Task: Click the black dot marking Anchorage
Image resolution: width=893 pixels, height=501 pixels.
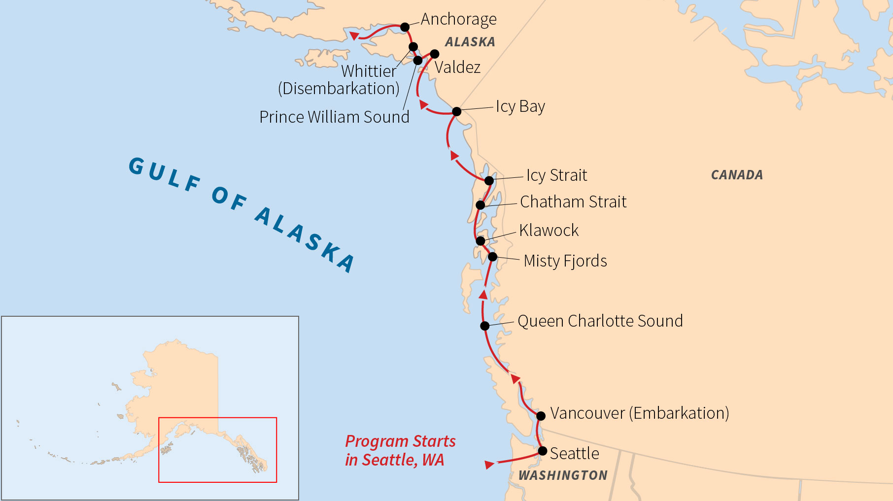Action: pos(405,27)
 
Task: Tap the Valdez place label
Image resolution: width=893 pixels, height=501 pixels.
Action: pos(457,67)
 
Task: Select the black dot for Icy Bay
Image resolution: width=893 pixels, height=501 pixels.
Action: pos(456,111)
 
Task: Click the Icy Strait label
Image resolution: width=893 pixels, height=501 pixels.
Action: pos(556,175)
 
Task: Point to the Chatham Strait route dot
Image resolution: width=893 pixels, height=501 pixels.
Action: pos(481,204)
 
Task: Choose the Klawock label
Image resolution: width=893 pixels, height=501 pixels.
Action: pos(549,230)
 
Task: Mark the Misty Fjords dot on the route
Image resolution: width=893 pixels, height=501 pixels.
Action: pos(492,256)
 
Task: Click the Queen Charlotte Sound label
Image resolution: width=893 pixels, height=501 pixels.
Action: pos(600,321)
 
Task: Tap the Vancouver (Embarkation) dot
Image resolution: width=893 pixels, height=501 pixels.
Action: pos(541,416)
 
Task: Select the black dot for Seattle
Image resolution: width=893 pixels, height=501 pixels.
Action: pos(542,451)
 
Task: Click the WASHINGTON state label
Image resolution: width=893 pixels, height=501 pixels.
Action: pos(563,475)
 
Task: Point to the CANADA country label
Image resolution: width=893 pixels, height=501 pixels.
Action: pos(737,175)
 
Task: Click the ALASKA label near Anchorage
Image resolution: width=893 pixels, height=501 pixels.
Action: pos(470,42)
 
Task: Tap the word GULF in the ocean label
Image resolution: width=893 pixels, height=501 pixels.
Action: pos(165,174)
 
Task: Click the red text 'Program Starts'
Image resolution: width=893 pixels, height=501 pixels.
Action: pos(400,441)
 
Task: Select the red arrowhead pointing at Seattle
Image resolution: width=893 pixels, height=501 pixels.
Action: pos(489,465)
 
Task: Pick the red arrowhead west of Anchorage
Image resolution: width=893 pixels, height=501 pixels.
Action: pos(354,35)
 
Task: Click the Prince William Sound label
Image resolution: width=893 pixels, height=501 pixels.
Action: pos(334,117)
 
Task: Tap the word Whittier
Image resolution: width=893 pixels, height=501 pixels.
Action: pos(368,71)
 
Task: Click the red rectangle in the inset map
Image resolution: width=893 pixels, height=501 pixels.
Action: pos(217,418)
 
